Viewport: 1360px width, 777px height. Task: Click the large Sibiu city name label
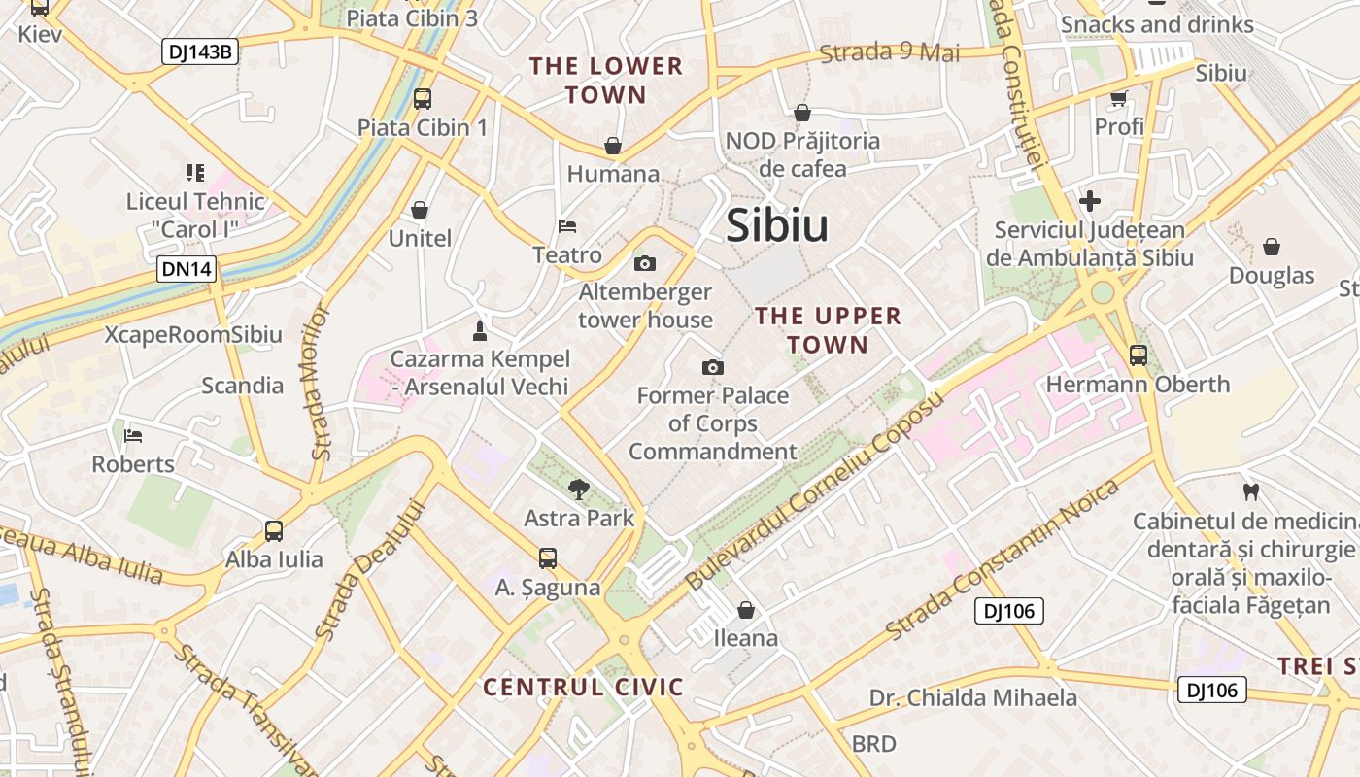coord(777,225)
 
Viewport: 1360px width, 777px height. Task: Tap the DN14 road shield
coord(186,269)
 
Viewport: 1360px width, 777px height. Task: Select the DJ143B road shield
coord(199,51)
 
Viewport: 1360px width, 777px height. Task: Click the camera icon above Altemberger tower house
coord(644,263)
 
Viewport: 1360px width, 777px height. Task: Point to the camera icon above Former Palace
coord(713,367)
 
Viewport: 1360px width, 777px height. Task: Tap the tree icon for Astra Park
coord(579,489)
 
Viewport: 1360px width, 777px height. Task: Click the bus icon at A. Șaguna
coord(548,558)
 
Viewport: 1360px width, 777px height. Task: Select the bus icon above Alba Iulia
coord(274,530)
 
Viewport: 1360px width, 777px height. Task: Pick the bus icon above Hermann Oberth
coord(1139,355)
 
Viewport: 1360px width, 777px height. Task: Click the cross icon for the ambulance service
coord(1090,201)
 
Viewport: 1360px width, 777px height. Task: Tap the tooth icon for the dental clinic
coord(1250,491)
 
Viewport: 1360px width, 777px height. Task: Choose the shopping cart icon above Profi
coord(1118,98)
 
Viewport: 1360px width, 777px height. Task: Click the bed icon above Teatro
coord(568,226)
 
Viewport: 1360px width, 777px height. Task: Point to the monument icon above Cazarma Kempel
coord(478,330)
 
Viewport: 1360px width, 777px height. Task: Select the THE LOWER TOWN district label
coord(606,81)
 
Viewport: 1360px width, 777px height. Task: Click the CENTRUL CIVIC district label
coord(584,687)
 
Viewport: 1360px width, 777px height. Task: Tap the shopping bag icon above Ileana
coord(746,610)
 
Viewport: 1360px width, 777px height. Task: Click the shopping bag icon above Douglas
coord(1271,247)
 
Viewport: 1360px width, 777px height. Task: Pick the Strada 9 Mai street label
coord(890,52)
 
